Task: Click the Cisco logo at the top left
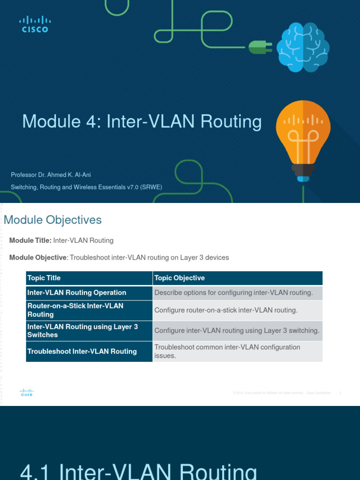click(35, 24)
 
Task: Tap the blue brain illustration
click(303, 47)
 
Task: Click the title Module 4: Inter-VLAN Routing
click(142, 122)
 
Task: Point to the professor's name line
click(51, 175)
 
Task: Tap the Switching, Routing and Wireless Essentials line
click(87, 187)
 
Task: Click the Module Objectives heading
click(52, 219)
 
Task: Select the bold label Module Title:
click(30, 240)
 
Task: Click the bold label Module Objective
click(38, 258)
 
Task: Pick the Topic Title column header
click(44, 278)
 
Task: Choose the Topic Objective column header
click(180, 278)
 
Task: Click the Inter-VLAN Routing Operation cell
click(77, 292)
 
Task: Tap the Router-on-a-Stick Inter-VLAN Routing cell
click(75, 310)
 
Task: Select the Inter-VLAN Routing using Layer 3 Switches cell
click(82, 330)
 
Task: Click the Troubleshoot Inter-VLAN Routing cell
click(82, 351)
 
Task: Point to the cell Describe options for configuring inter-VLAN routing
click(233, 292)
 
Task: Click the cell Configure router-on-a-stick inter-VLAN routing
click(226, 310)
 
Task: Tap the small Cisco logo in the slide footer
click(26, 393)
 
